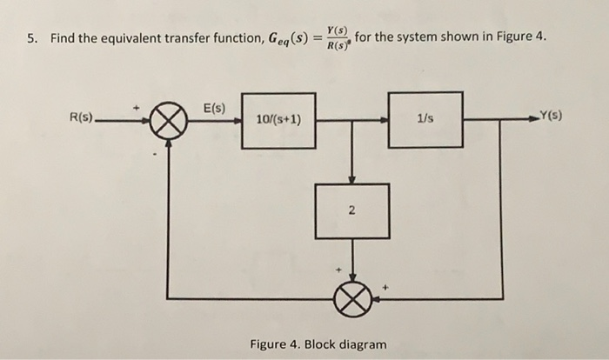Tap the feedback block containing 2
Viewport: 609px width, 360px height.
351,210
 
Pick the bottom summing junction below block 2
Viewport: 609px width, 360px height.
351,298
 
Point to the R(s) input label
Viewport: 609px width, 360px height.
84,115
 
